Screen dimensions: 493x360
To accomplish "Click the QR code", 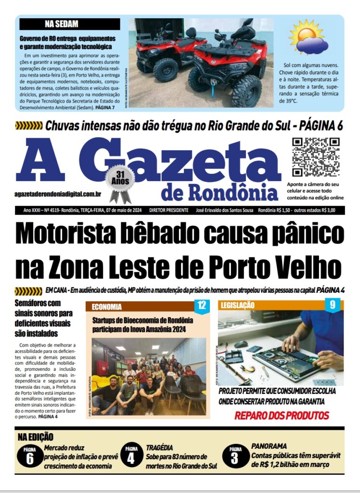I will (x=316, y=157).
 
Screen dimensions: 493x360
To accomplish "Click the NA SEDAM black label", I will (x=68, y=24).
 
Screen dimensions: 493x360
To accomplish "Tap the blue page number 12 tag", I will (x=202, y=305).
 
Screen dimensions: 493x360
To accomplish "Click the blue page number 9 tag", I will (x=333, y=305).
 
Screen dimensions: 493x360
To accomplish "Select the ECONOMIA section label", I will (x=106, y=306).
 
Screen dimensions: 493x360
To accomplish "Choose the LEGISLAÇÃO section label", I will (x=237, y=306).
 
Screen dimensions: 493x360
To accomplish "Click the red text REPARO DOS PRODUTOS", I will (x=282, y=415).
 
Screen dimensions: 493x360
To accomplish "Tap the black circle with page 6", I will (x=30, y=455).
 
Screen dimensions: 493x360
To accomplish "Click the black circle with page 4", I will (x=131, y=455).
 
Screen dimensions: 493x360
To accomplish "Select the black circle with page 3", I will (x=235, y=455).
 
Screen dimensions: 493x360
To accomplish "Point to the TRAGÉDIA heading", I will (x=159, y=447).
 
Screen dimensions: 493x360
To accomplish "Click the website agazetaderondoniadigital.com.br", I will (x=58, y=194).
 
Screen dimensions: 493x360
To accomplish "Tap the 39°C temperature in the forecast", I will (x=289, y=102).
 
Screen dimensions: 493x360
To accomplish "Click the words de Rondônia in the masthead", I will (x=219, y=192).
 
